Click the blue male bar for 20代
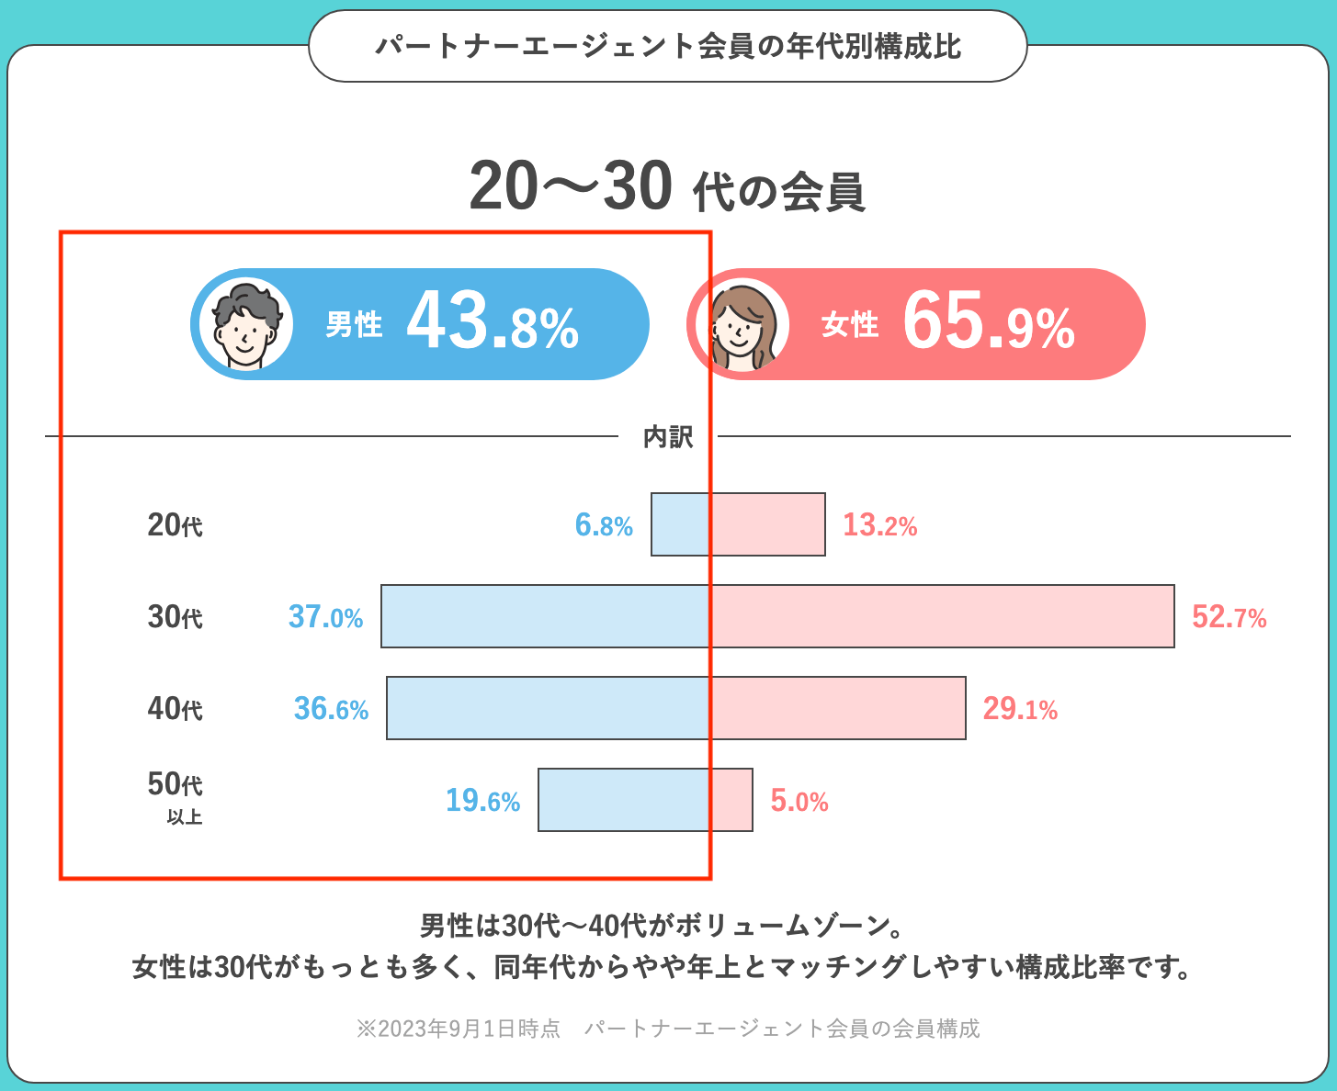680,524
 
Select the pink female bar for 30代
942,616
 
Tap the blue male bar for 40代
548,708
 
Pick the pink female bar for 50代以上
731,800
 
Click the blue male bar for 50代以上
624,800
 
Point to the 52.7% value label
1229,617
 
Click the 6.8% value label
604,525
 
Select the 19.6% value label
482,801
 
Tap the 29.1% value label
1020,709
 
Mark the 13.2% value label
879,525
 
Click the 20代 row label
175,525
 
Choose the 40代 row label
175,709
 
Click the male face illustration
246,324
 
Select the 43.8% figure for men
493,324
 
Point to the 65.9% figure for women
989,324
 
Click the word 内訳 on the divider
668,437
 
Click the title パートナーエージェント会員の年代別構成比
668,47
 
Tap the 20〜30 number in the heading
571,187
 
